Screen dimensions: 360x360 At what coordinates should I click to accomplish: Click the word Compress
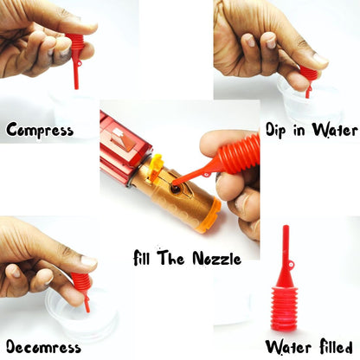(40, 130)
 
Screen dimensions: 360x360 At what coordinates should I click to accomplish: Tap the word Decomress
(43, 346)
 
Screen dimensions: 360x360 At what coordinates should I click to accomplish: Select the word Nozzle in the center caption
(216, 259)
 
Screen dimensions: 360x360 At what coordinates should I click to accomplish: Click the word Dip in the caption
(275, 130)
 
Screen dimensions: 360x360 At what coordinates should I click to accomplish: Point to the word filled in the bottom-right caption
(336, 346)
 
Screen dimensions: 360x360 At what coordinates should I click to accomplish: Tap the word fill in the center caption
(142, 257)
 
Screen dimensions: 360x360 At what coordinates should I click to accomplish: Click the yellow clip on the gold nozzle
(156, 166)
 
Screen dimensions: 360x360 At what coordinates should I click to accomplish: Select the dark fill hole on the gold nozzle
(175, 189)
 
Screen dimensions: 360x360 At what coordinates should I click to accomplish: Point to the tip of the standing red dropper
(286, 227)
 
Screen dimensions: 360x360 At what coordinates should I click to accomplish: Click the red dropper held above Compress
(75, 59)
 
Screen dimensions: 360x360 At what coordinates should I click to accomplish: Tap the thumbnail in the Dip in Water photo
(320, 60)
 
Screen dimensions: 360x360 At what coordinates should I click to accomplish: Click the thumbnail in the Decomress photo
(89, 261)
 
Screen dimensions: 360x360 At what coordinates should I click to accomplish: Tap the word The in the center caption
(170, 258)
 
